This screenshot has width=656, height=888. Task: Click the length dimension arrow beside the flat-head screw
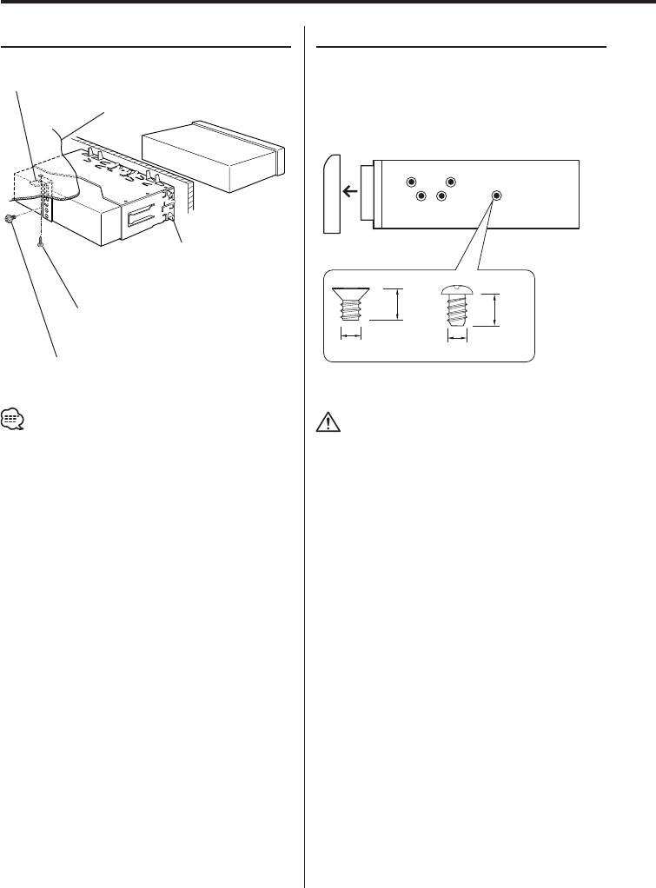pos(398,305)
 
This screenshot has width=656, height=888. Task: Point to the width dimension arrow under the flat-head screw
pos(351,334)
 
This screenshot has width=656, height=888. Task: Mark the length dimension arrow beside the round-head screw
pos(495,310)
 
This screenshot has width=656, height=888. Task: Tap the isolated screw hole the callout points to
pos(496,196)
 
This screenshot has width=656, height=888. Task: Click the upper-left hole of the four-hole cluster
pos(412,182)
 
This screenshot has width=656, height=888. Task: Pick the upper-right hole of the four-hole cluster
pos(451,182)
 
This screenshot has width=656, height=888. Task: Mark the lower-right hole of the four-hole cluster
pos(441,196)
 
